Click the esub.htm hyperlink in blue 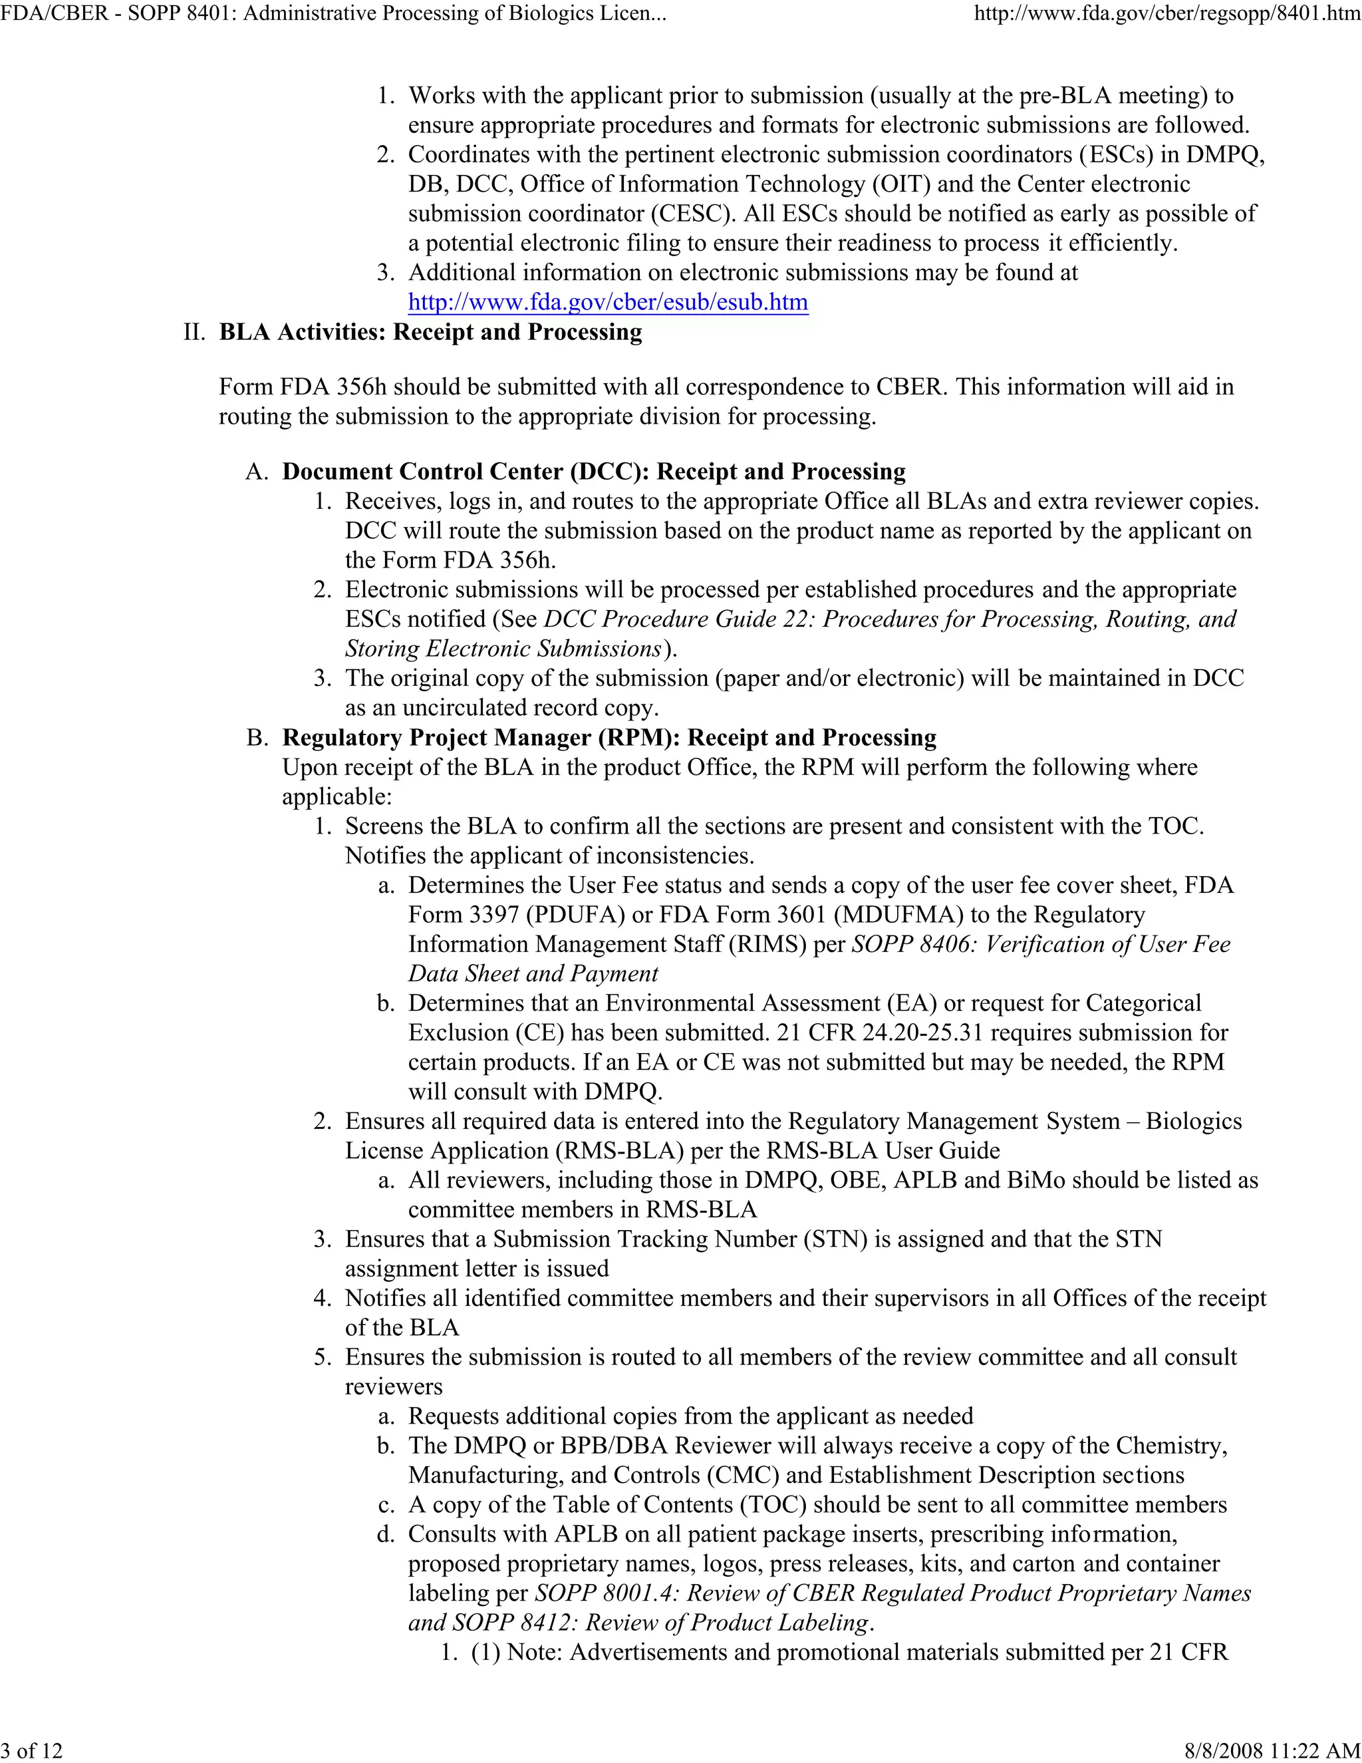(608, 302)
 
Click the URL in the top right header (1166, 14)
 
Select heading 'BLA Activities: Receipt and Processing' (430, 332)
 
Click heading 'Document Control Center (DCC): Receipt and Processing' (593, 472)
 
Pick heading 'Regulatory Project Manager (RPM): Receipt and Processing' (609, 737)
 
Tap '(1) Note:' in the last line (518, 1652)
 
